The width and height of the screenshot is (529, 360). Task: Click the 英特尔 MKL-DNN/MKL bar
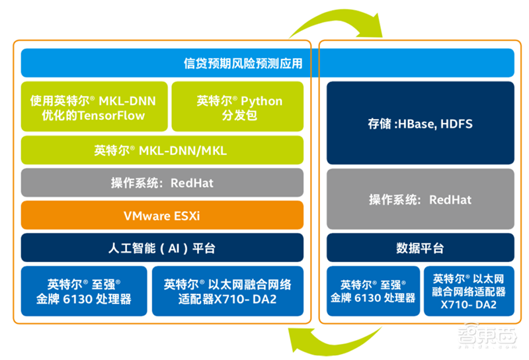(x=162, y=151)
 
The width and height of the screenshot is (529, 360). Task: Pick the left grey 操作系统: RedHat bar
(x=162, y=183)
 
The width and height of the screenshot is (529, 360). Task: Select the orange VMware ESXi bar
(x=162, y=215)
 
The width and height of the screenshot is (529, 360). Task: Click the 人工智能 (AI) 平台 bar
(x=162, y=247)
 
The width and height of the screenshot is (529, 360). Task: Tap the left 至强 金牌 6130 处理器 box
(x=84, y=291)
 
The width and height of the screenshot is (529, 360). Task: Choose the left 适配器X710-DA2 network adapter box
(x=227, y=291)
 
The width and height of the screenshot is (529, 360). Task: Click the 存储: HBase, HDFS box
(x=420, y=123)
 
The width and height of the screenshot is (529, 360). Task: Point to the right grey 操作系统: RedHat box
(x=420, y=199)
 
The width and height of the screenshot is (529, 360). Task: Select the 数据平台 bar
(x=420, y=247)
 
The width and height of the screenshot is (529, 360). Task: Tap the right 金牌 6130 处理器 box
(x=373, y=291)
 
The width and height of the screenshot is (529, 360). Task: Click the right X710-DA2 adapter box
(x=469, y=291)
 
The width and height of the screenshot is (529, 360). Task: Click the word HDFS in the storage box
(x=456, y=124)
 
